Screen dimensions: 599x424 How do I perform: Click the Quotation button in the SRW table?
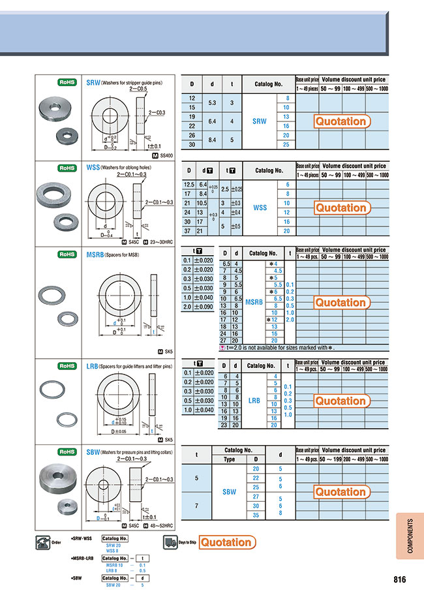(x=341, y=121)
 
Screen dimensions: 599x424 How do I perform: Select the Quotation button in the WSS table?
(x=341, y=208)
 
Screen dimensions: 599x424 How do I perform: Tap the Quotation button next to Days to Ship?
(x=225, y=542)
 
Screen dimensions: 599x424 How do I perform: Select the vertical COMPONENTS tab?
(x=410, y=536)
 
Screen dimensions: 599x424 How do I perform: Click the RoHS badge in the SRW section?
(x=68, y=83)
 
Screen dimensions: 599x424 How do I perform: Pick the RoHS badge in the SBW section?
(x=68, y=452)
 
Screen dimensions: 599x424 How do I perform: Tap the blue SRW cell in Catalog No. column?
(x=260, y=121)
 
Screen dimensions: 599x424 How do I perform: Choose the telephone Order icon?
(x=44, y=541)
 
